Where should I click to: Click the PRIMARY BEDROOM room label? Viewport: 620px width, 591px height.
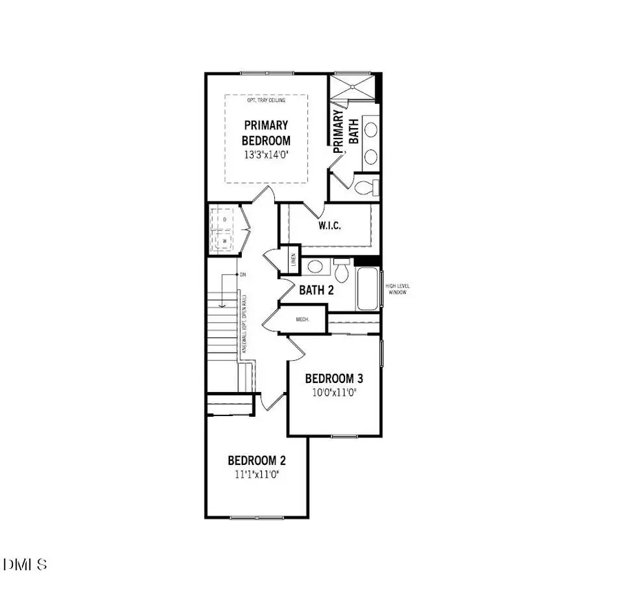pyautogui.click(x=266, y=132)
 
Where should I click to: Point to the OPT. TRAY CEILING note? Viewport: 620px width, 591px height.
pyautogui.click(x=266, y=101)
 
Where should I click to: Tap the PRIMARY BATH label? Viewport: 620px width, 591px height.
pyautogui.click(x=347, y=133)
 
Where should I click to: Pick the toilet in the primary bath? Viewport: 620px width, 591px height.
pyautogui.click(x=367, y=187)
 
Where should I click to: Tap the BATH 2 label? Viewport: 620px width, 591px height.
pyautogui.click(x=316, y=290)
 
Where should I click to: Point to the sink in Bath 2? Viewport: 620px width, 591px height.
pyautogui.click(x=314, y=267)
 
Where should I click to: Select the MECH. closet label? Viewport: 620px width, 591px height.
pyautogui.click(x=302, y=320)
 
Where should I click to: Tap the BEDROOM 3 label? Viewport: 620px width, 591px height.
pyautogui.click(x=333, y=378)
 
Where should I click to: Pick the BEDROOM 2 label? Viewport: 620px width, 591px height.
pyautogui.click(x=256, y=461)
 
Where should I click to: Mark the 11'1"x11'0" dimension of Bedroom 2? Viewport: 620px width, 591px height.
pyautogui.click(x=256, y=475)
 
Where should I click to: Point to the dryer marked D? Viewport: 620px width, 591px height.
pyautogui.click(x=224, y=219)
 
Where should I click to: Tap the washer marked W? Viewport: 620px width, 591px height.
pyautogui.click(x=224, y=240)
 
